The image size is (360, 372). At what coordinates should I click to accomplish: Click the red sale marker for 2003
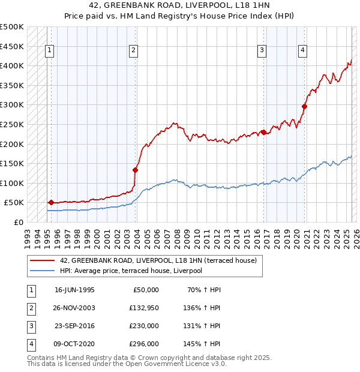[136, 170]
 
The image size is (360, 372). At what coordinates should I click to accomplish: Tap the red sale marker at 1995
[51, 202]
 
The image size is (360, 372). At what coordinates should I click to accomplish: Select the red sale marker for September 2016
[263, 132]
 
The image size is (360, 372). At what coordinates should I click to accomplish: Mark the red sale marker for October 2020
[304, 106]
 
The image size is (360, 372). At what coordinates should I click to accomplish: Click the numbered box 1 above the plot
[49, 50]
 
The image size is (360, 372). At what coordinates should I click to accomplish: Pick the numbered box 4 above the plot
[303, 50]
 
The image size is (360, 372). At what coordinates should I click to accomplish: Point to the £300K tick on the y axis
[12, 104]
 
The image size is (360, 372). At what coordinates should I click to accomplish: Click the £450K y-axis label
[12, 46]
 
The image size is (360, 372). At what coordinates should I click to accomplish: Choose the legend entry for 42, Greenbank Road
[158, 260]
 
